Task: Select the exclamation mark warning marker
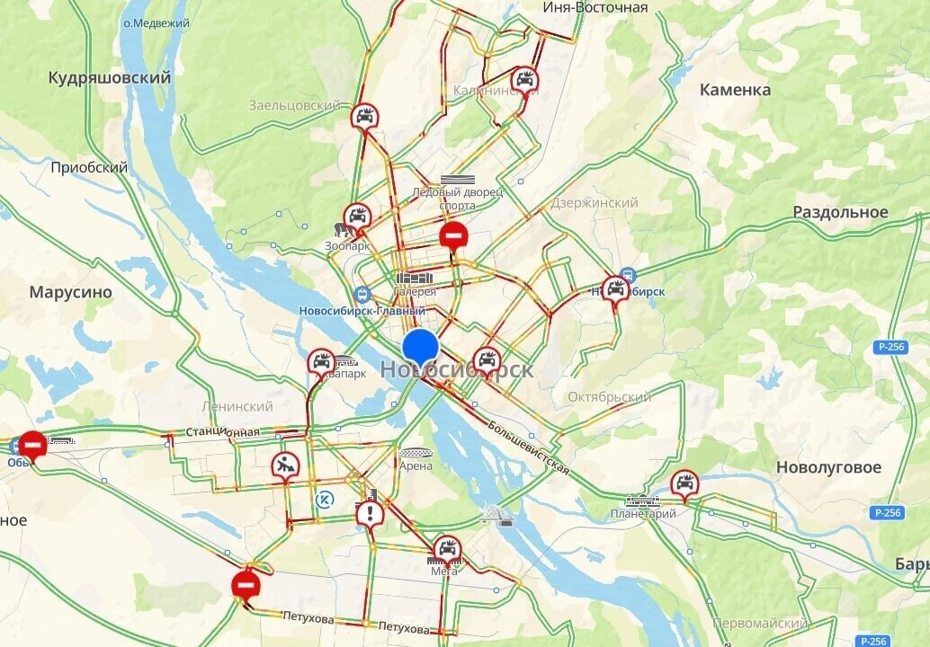click(370, 515)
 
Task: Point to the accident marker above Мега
click(447, 548)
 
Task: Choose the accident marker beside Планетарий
click(684, 483)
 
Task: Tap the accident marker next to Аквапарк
click(320, 363)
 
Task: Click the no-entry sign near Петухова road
click(246, 585)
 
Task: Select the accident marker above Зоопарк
click(358, 217)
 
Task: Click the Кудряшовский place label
click(110, 78)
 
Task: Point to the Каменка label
click(735, 90)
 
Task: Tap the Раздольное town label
click(840, 212)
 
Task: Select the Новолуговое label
click(828, 467)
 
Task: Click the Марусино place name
click(70, 292)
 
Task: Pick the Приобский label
click(89, 167)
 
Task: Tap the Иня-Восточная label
click(595, 8)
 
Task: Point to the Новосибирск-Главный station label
click(361, 311)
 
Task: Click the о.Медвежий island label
click(156, 23)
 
